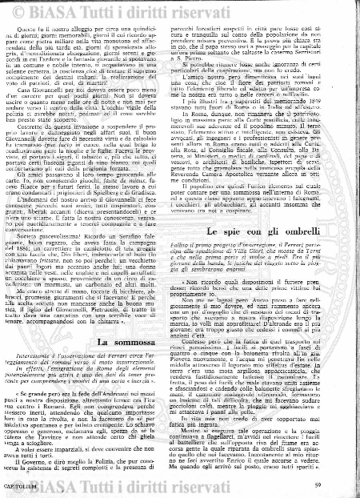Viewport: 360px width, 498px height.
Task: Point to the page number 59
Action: point(340,485)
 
